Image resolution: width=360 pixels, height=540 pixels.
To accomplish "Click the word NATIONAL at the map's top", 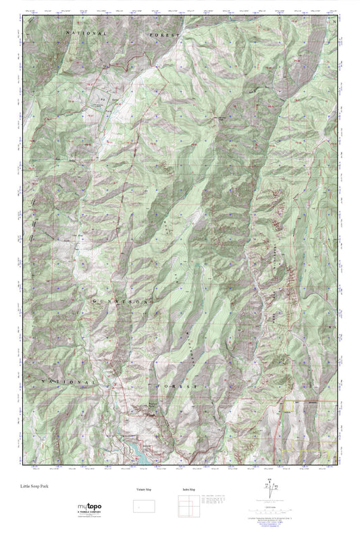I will coord(87,32).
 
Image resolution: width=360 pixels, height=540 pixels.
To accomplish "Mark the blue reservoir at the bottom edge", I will coord(139,453).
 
